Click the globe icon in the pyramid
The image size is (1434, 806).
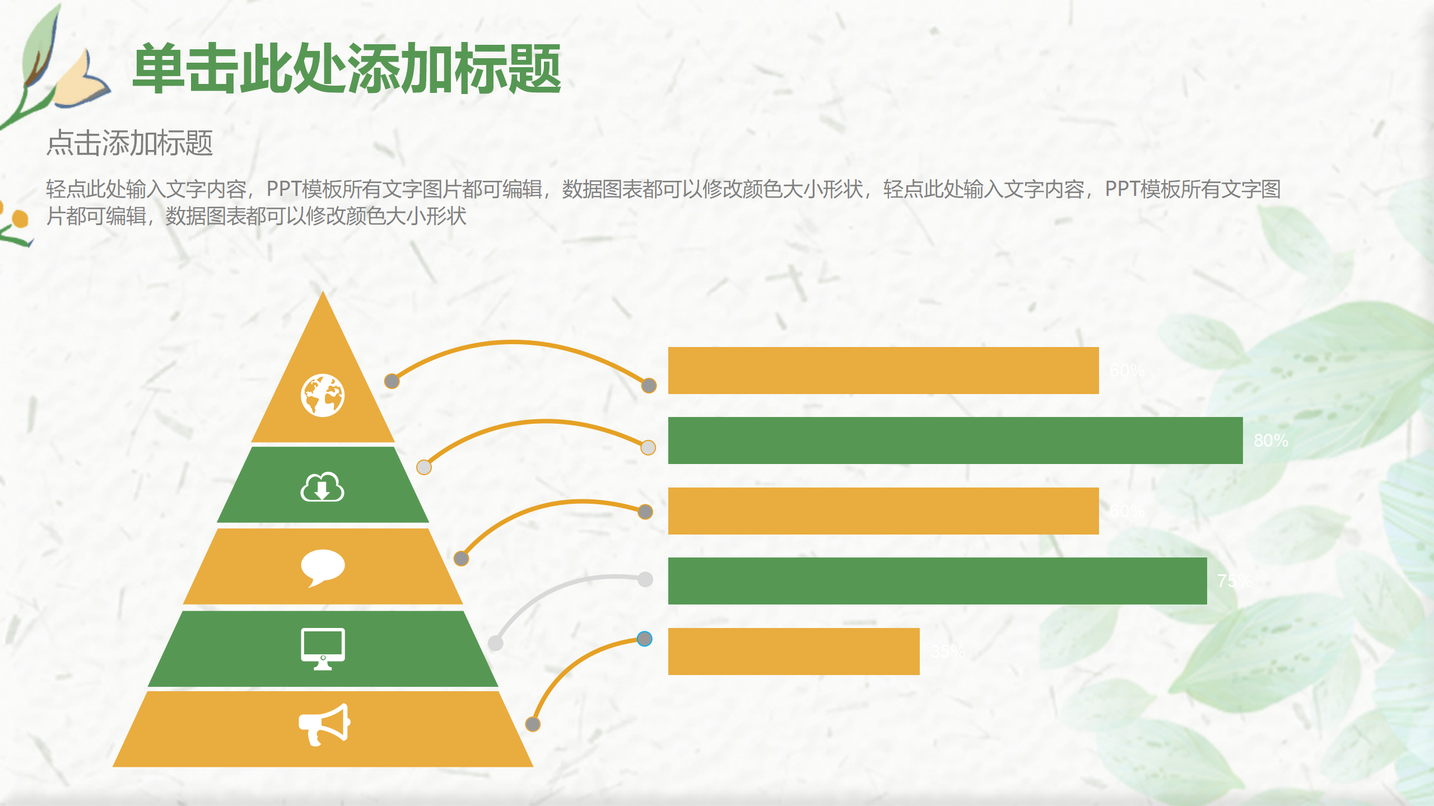tap(323, 396)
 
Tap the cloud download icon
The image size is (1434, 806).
tap(323, 488)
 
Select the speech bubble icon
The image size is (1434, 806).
tap(323, 567)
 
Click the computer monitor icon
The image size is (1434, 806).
tap(323, 649)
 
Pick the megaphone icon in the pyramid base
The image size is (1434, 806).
tap(324, 724)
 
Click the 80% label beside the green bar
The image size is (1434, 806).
tap(1270, 441)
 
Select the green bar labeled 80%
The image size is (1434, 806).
tap(955, 441)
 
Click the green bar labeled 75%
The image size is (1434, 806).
tap(937, 581)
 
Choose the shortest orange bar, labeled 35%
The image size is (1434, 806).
tap(793, 652)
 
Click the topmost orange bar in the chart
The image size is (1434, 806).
tap(883, 371)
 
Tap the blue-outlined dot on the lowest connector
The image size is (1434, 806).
tap(645, 639)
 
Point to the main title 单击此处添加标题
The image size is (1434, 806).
tap(347, 69)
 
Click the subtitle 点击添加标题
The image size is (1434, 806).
tap(129, 143)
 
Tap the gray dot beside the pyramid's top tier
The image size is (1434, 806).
tap(392, 381)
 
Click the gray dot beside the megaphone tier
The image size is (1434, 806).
tap(533, 724)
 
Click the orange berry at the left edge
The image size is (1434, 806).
tap(20, 218)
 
